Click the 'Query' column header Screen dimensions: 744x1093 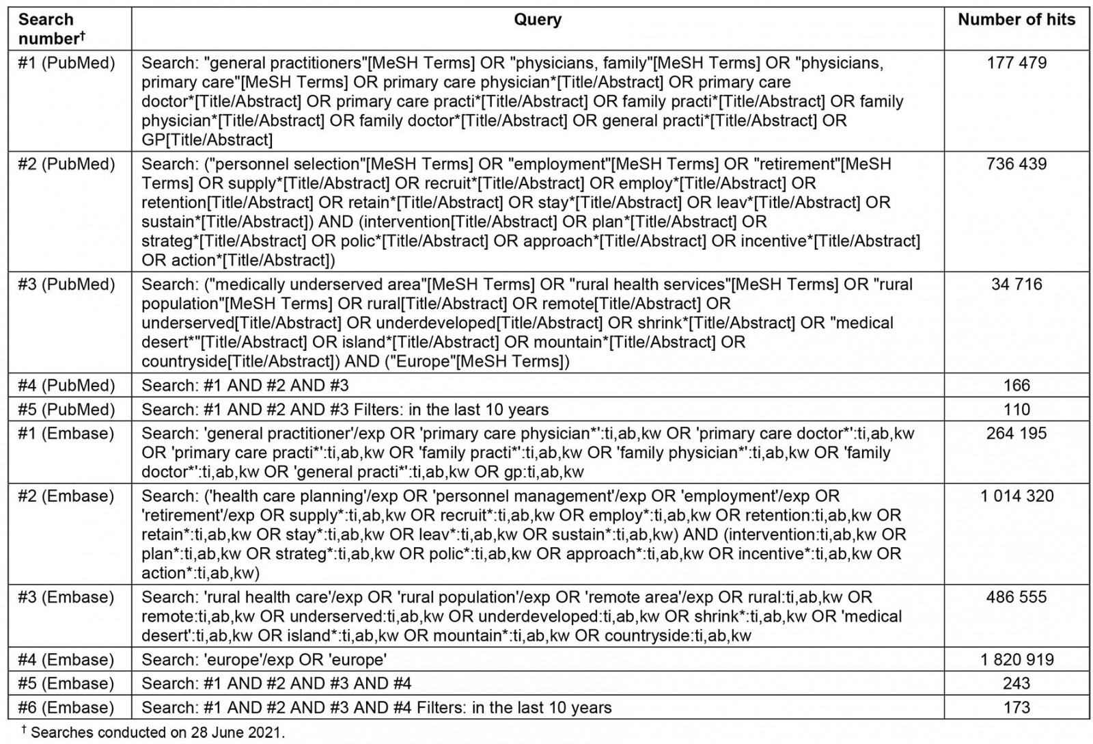[538, 20]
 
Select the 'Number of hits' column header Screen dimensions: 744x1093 [1016, 20]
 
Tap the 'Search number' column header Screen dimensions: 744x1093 [48, 29]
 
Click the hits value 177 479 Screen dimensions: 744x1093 [1016, 63]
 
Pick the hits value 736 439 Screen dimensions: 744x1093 [1016, 164]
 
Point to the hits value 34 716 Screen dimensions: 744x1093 [1016, 284]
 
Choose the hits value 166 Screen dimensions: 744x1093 [1016, 386]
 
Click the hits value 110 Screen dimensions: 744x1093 [1016, 410]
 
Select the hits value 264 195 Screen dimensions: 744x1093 [1016, 434]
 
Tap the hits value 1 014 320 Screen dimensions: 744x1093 [1016, 496]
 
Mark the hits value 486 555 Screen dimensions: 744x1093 [1016, 598]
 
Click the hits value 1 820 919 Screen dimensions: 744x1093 [1016, 660]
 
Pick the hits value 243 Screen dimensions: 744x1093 [1016, 684]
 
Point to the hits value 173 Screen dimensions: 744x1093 [1016, 708]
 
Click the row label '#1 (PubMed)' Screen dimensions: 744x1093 [66, 63]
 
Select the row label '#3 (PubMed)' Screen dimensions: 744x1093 [66, 284]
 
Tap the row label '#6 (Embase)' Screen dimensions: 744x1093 [66, 708]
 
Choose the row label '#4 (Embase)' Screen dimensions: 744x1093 [66, 660]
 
